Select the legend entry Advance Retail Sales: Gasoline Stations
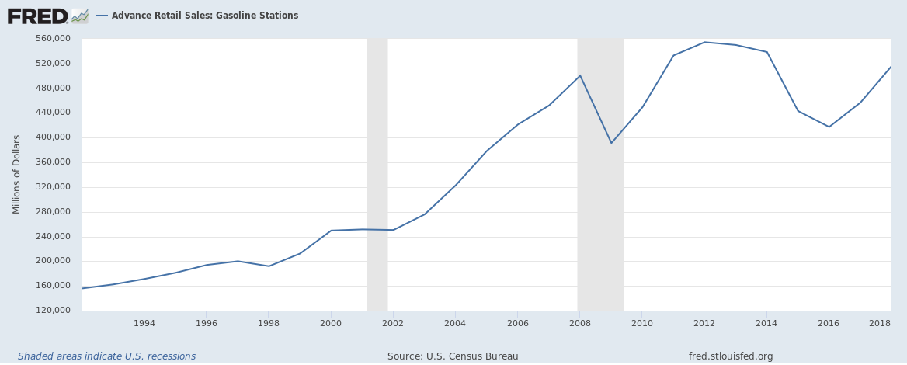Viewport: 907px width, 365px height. [x=204, y=16]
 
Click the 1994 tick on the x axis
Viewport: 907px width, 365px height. [x=144, y=323]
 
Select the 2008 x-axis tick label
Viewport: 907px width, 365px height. [x=579, y=323]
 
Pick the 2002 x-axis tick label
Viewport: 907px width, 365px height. [x=393, y=323]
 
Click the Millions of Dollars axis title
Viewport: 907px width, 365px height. [x=16, y=174]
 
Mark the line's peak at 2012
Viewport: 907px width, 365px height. [x=704, y=42]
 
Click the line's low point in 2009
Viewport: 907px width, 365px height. [x=611, y=143]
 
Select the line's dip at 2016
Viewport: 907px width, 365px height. [x=829, y=127]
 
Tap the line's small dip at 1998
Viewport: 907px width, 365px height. [x=269, y=266]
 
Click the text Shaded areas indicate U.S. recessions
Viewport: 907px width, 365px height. [x=106, y=356]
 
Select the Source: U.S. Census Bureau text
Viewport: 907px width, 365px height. [x=453, y=356]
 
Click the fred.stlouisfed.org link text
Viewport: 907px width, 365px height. [x=731, y=356]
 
